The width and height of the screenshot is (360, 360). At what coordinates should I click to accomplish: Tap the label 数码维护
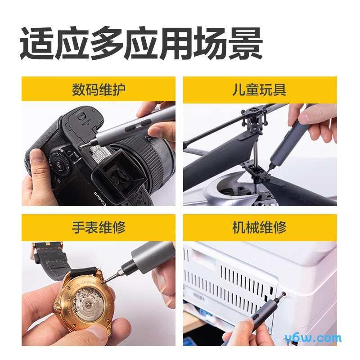click(x=99, y=89)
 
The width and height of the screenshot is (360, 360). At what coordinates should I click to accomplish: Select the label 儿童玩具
click(x=260, y=89)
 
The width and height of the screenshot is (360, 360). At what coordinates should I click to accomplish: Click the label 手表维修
click(x=99, y=227)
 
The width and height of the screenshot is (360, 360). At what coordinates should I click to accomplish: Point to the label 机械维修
click(x=260, y=227)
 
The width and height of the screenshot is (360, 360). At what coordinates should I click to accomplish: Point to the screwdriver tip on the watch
click(x=103, y=282)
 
